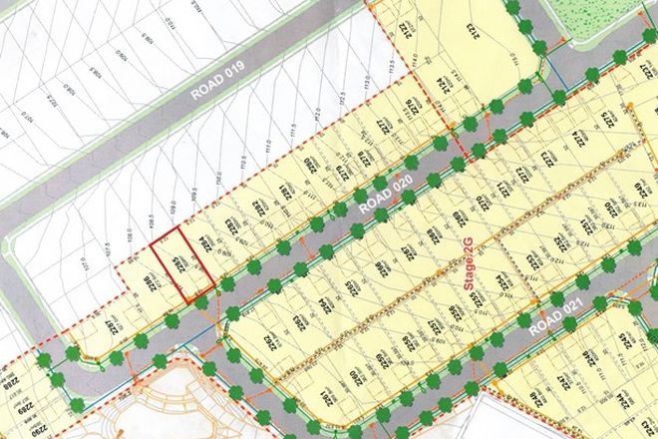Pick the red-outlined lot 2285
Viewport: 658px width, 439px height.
(x=181, y=263)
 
